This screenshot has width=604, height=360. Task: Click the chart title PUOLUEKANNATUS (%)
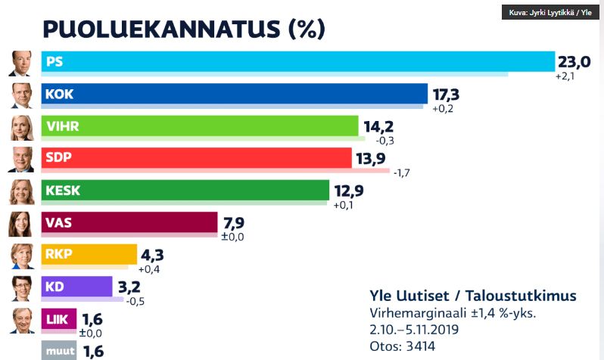point(183,29)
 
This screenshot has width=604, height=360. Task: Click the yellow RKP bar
point(89,254)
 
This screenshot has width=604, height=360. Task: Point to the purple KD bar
point(77,287)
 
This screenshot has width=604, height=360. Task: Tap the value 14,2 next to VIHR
point(379,126)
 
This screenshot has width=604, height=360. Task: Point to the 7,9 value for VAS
point(233,222)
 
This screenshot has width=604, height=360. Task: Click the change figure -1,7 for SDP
point(403,173)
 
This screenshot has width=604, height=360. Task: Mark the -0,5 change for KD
point(135,301)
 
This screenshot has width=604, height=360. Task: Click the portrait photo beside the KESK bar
point(21,191)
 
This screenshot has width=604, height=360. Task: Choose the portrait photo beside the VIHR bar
point(21,126)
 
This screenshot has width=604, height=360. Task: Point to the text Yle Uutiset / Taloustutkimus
point(473,295)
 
